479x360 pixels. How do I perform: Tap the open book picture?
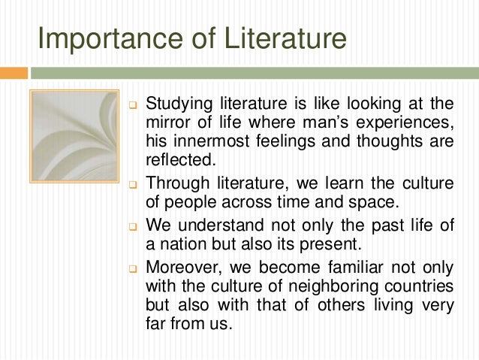tap(74, 135)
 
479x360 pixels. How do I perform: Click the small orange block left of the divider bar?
tap(14, 73)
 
